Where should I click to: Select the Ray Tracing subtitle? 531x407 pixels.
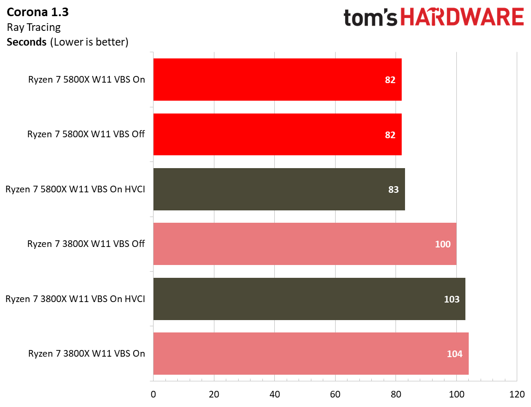click(x=33, y=27)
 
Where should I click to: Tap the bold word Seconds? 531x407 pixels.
click(x=26, y=42)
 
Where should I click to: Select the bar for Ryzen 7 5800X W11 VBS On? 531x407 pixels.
click(x=277, y=79)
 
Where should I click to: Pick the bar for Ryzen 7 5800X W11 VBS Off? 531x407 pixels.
click(x=277, y=134)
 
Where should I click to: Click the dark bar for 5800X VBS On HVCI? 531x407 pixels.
click(x=279, y=189)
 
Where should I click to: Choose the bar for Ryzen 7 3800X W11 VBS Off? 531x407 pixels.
click(x=304, y=244)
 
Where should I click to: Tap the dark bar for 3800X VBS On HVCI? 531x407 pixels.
click(x=309, y=299)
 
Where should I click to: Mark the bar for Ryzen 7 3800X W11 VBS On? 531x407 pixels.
click(x=310, y=353)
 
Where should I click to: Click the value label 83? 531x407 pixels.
click(x=393, y=189)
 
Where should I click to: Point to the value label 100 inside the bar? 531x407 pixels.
click(x=443, y=244)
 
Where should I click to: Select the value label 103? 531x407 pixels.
click(x=452, y=299)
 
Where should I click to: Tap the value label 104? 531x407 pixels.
click(x=454, y=354)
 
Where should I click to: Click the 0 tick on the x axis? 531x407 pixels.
click(x=153, y=394)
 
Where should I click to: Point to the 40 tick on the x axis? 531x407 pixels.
click(x=274, y=394)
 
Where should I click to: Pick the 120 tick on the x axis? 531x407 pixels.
click(x=517, y=394)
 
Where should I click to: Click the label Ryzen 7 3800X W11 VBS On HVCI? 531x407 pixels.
click(x=75, y=299)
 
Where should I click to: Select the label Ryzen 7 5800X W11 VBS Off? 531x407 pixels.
click(x=86, y=134)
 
